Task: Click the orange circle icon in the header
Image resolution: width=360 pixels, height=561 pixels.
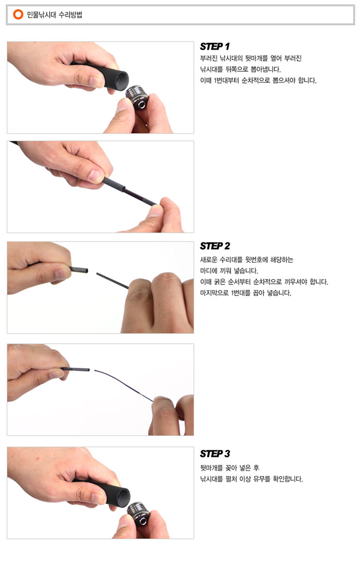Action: (x=18, y=14)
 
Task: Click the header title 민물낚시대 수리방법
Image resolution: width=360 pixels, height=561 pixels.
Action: (x=55, y=15)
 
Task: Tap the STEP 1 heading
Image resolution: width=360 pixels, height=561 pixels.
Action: (x=215, y=46)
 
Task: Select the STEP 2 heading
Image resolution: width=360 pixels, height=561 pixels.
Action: (x=215, y=246)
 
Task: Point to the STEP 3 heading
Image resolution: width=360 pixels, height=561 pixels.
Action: (x=215, y=454)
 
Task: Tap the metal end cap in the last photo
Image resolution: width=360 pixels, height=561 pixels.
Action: (x=139, y=513)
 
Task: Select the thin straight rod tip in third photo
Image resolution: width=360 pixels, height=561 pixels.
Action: (x=112, y=281)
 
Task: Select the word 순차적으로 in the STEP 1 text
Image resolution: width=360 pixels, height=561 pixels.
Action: (x=256, y=80)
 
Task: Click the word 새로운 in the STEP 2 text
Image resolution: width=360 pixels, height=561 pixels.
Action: (x=209, y=260)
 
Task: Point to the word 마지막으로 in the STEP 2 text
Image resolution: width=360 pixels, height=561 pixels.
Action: (x=214, y=293)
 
